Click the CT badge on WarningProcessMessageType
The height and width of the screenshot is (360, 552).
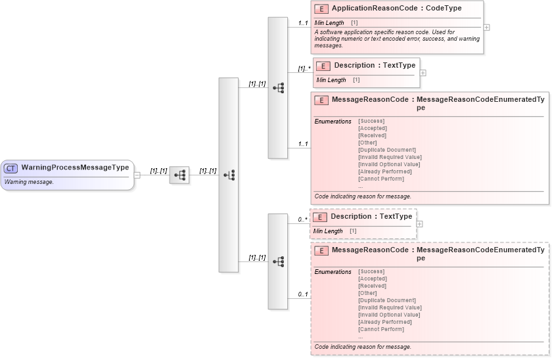click(x=11, y=168)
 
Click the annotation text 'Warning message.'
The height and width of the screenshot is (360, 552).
click(x=29, y=182)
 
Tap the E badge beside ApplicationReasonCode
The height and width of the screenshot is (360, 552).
click(x=322, y=9)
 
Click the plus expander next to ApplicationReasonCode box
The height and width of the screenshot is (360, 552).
click(x=486, y=28)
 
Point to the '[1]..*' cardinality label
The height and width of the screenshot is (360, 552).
click(x=304, y=68)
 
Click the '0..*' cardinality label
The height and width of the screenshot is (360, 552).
click(x=302, y=219)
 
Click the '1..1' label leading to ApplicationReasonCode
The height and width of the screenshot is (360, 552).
click(x=303, y=23)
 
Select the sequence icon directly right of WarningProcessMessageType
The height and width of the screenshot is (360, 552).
click(x=179, y=175)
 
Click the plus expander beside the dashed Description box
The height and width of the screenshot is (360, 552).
click(x=420, y=224)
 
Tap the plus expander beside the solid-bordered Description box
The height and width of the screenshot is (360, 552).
click(x=423, y=72)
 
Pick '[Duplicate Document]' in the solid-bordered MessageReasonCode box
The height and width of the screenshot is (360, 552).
click(x=386, y=150)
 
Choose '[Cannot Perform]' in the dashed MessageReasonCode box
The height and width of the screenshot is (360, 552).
click(x=381, y=330)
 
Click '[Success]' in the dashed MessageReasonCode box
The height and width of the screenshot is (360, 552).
click(x=371, y=271)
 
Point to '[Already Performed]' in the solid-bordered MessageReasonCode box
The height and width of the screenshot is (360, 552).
click(x=385, y=171)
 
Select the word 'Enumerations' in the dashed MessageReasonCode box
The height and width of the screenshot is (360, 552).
click(x=333, y=272)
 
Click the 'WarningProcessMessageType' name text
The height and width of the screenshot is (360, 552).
click(x=75, y=168)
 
